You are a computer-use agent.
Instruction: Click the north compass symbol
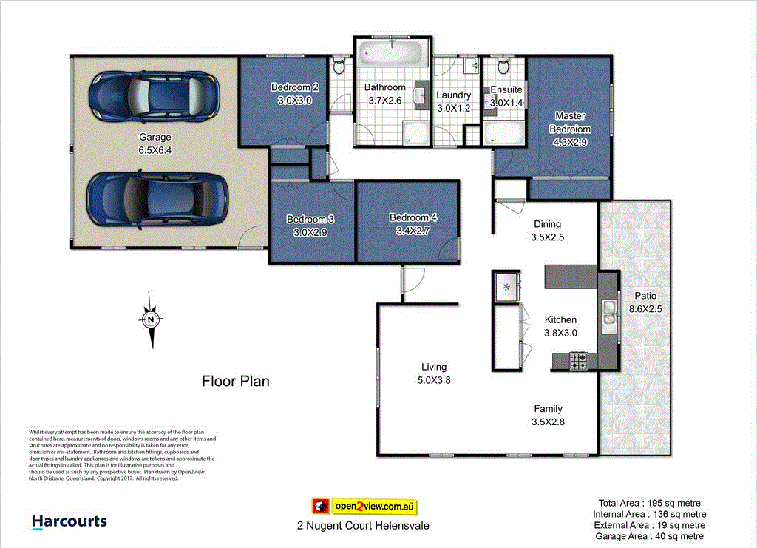(x=151, y=319)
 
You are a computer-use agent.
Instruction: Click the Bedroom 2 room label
(x=294, y=87)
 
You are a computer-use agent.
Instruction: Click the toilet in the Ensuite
(x=503, y=67)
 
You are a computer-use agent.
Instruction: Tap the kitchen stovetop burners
(x=579, y=361)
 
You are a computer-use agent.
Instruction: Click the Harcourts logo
(x=69, y=522)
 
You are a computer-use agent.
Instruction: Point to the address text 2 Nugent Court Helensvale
(x=359, y=526)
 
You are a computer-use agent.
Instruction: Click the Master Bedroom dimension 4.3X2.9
(x=570, y=143)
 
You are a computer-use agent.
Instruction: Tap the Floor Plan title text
(x=236, y=382)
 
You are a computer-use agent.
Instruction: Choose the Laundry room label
(x=453, y=95)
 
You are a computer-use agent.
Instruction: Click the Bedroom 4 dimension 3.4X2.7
(x=413, y=231)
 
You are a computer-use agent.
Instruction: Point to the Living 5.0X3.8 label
(x=434, y=380)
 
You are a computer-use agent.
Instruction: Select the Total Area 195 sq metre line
(x=649, y=503)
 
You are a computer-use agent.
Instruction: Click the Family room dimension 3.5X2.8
(x=548, y=422)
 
